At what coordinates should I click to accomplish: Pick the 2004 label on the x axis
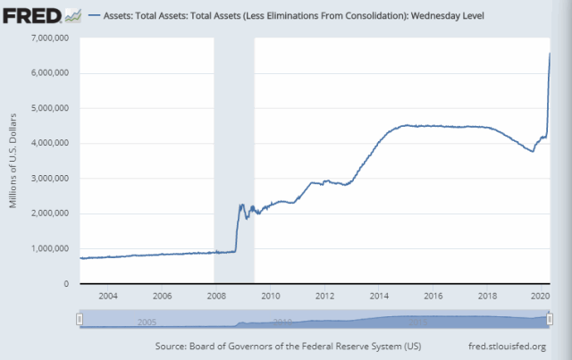[107, 296]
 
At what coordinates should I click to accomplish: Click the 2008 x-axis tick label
[215, 296]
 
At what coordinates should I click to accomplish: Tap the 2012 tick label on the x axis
[324, 296]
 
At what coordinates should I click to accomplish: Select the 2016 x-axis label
[433, 296]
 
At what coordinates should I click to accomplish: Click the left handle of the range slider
[80, 319]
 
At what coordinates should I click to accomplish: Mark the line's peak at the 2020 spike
[549, 54]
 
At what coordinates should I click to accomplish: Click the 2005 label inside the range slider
[148, 321]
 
